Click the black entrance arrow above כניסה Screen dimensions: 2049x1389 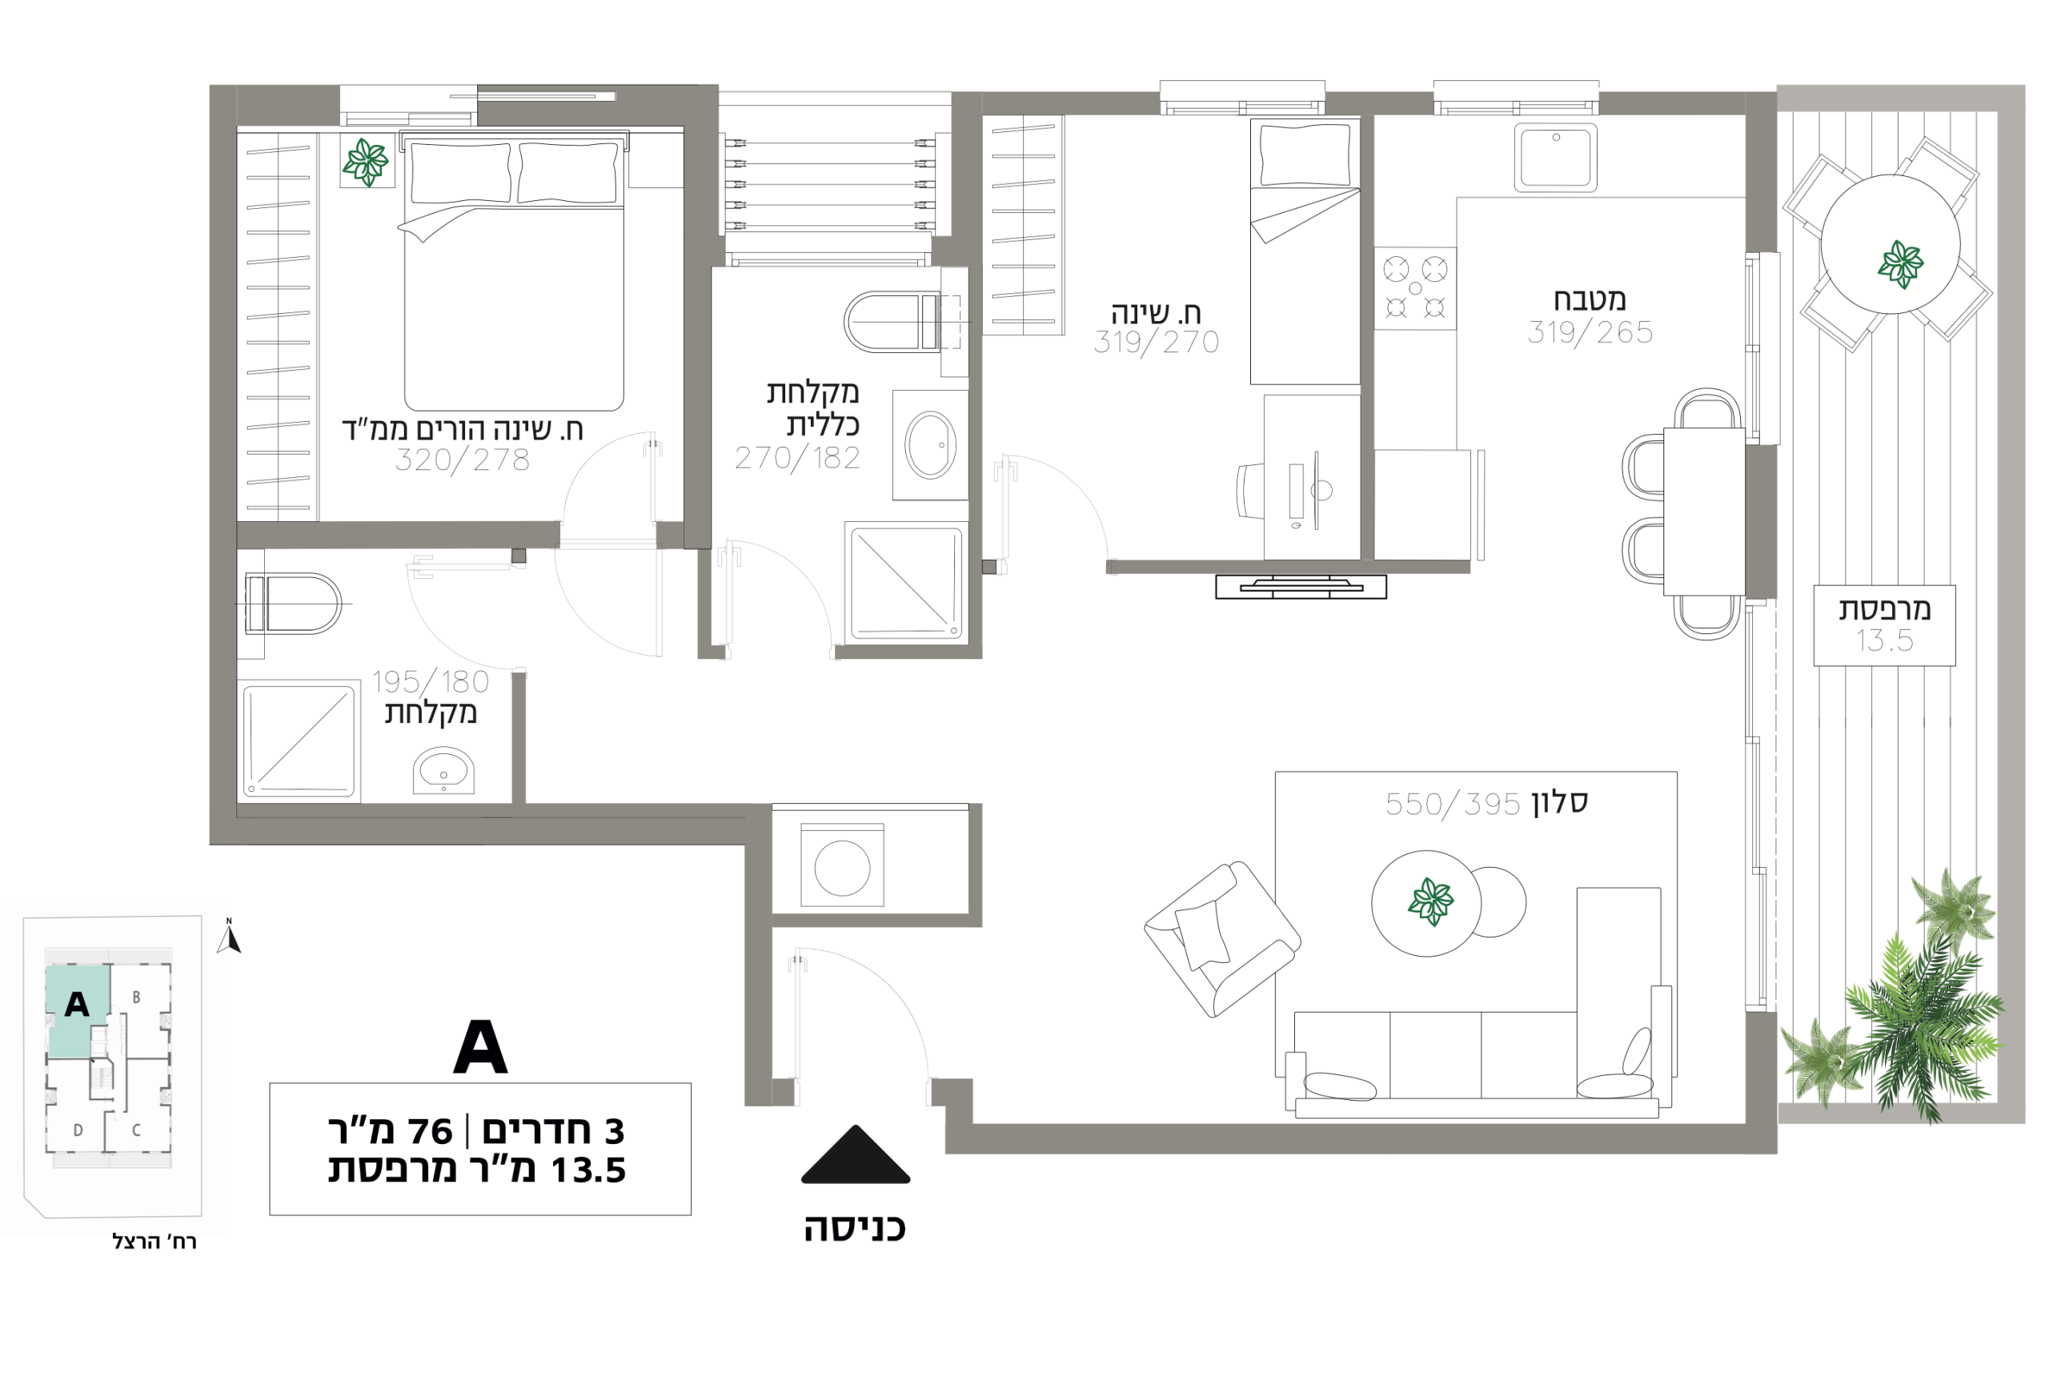856,1155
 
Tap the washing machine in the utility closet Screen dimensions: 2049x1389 842,865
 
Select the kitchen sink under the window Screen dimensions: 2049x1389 1555,158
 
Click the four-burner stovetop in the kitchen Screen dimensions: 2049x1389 1414,288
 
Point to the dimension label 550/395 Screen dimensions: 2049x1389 1453,805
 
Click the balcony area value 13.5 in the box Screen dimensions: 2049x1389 1885,641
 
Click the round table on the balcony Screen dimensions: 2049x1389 1891,244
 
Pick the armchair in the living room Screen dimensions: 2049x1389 1222,939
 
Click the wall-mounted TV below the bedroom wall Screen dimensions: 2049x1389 1301,587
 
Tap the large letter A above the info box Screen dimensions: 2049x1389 480,1047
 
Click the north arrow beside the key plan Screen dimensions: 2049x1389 228,937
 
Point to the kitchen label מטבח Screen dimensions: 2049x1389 1590,300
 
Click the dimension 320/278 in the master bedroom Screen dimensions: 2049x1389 462,460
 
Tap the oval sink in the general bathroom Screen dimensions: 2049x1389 930,444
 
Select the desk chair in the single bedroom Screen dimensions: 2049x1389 1249,492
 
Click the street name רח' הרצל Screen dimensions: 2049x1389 154,1242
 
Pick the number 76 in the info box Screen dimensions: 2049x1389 429,1131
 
